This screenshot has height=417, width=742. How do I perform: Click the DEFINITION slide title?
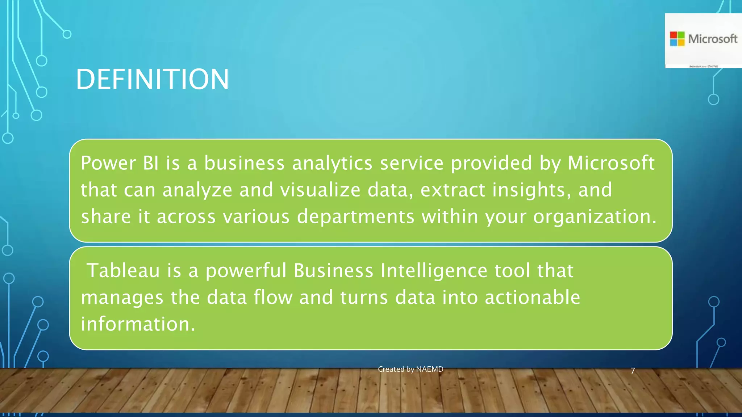(152, 79)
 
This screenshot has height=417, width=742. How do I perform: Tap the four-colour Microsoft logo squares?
(677, 39)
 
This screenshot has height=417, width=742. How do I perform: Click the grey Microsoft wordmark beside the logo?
(713, 39)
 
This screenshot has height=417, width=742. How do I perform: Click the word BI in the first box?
(151, 163)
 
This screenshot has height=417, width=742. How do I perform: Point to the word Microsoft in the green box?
(611, 163)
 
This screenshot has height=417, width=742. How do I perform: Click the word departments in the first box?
(355, 217)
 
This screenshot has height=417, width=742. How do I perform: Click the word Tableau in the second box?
(124, 271)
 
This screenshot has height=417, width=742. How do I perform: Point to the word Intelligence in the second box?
(434, 271)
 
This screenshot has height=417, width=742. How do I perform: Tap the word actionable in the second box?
(532, 298)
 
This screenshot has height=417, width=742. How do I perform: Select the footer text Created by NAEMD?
(410, 369)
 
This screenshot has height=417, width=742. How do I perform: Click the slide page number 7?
(633, 371)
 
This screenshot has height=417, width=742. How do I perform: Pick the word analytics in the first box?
(332, 163)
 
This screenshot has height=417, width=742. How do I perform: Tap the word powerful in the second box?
(246, 271)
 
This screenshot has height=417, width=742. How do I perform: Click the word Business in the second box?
(333, 271)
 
